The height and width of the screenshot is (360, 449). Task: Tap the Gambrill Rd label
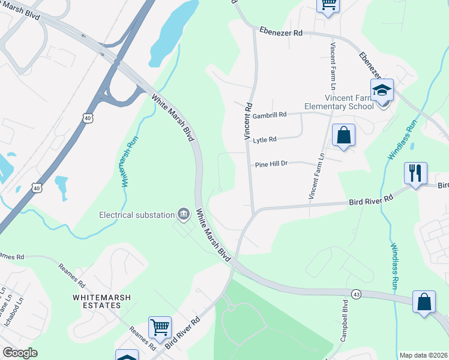(270, 115)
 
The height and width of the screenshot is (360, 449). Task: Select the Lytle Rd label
(264, 140)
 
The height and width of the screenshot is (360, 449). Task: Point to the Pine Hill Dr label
(272, 163)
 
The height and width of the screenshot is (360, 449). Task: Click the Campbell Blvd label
(345, 321)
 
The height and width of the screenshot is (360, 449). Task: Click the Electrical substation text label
(137, 215)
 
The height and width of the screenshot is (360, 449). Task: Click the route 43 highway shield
(356, 293)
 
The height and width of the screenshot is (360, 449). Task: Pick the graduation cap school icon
(382, 91)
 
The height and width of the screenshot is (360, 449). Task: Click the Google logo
(20, 353)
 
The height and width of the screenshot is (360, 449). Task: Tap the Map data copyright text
(424, 355)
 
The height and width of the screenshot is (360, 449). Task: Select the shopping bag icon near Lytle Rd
(343, 135)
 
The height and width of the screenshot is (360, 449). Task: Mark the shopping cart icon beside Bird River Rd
(160, 328)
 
